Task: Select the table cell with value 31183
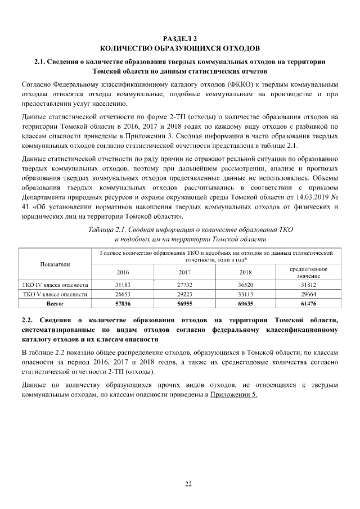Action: pyautogui.click(x=123, y=285)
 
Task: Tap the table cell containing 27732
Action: pyautogui.click(x=184, y=285)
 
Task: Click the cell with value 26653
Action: pyautogui.click(x=123, y=294)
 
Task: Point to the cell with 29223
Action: pyautogui.click(x=184, y=294)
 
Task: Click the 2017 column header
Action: pyautogui.click(x=184, y=272)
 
